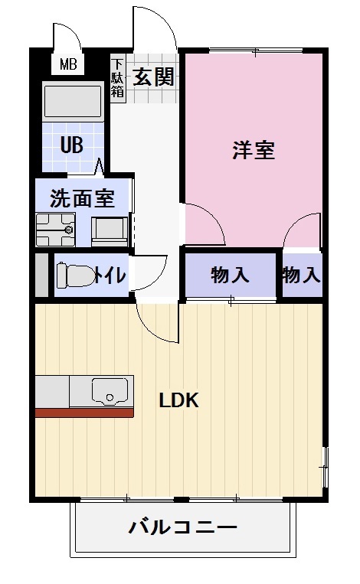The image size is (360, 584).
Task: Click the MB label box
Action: (68, 65)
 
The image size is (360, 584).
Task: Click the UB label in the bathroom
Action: (72, 145)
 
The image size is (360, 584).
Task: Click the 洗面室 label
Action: (82, 199)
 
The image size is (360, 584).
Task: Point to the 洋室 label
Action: (254, 150)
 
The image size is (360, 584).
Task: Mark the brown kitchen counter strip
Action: (84, 413)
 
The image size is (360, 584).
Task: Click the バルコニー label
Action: (182, 527)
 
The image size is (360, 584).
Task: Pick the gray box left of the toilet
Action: (41, 275)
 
